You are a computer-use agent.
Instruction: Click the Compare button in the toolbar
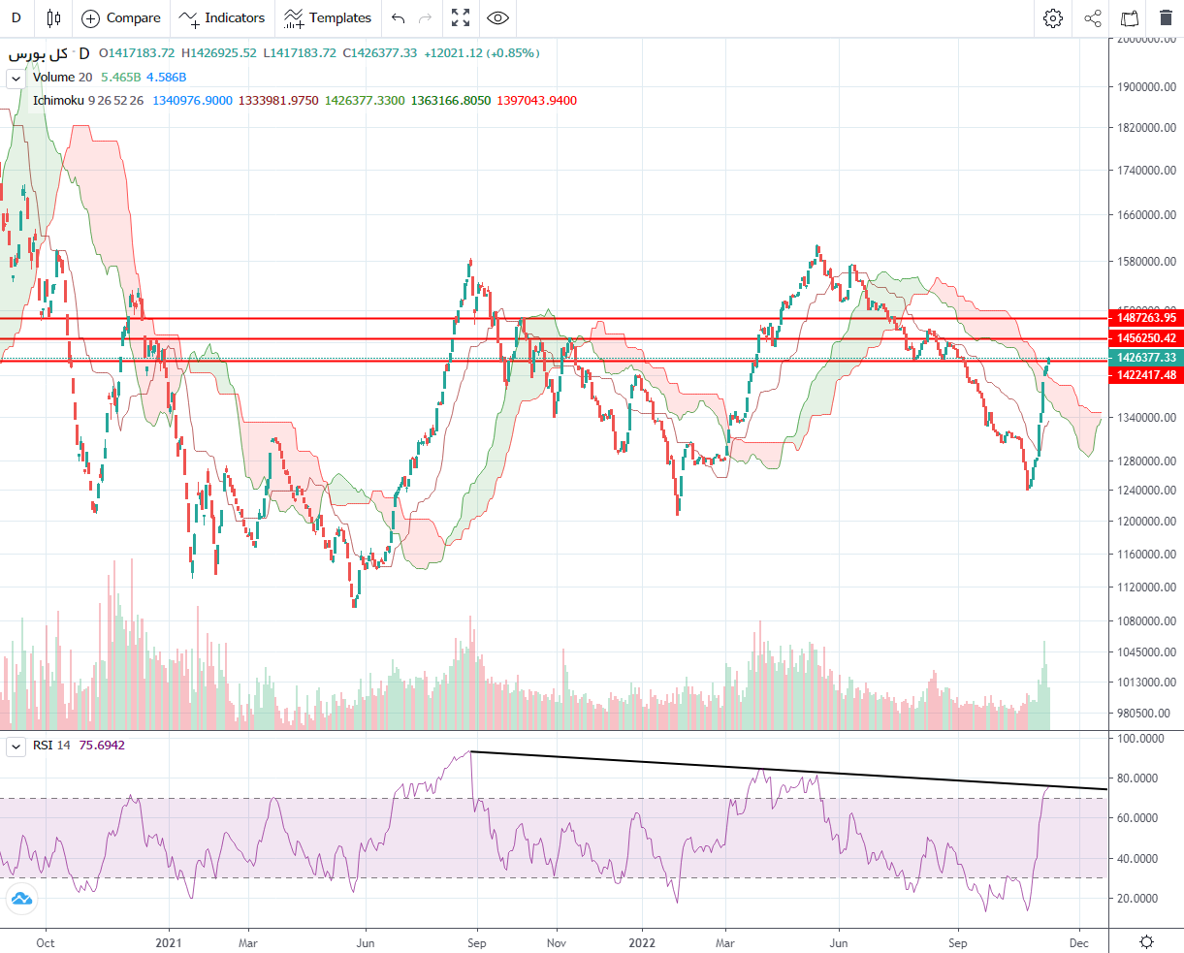(x=121, y=17)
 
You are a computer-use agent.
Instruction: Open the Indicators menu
(x=222, y=17)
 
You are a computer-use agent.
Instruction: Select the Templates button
(x=328, y=17)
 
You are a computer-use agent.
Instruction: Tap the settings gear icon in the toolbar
(x=1053, y=17)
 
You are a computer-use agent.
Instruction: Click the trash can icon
(x=1165, y=17)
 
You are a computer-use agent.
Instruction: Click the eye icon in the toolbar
(x=497, y=17)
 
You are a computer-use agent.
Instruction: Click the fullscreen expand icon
(x=461, y=17)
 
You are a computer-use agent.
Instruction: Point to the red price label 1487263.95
(x=1146, y=318)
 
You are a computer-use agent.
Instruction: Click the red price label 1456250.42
(x=1146, y=338)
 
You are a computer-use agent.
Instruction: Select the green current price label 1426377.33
(x=1146, y=358)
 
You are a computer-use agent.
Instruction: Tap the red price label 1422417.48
(x=1146, y=375)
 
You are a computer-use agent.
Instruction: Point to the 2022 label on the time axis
(x=642, y=942)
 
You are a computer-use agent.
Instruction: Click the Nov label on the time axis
(x=557, y=942)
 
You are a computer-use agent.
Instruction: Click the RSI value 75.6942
(x=102, y=746)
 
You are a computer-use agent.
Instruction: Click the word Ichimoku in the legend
(x=58, y=100)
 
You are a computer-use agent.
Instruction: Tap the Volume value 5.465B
(x=120, y=77)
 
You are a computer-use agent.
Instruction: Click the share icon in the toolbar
(x=1093, y=17)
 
